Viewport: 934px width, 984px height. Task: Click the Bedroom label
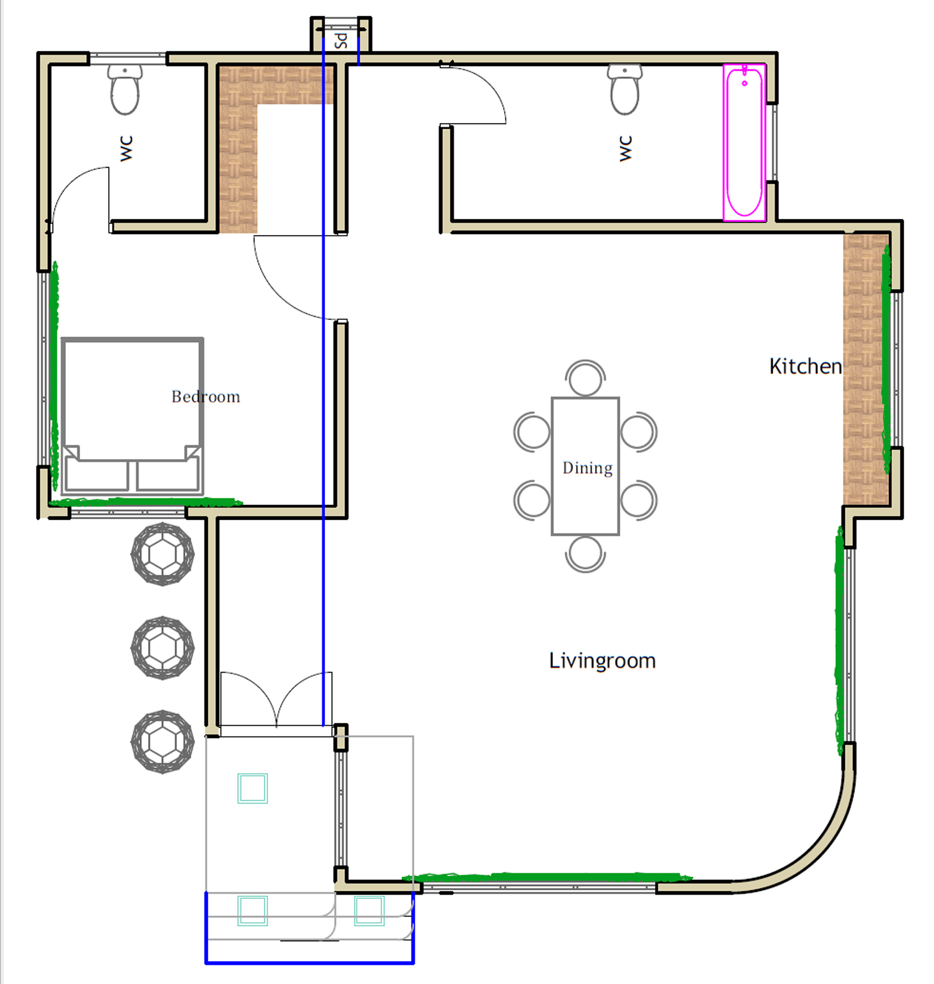pos(206,396)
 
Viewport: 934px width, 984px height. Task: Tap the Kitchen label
pos(806,366)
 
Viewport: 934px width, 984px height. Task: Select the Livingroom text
pos(602,661)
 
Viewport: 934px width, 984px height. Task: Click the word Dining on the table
pos(587,467)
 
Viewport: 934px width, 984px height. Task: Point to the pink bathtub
pos(744,142)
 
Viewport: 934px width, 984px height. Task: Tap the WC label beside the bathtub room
pos(625,149)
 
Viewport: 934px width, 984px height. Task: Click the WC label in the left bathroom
pos(126,149)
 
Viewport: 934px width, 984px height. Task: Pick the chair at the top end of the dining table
pos(585,377)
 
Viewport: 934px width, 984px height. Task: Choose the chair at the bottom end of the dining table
pos(585,554)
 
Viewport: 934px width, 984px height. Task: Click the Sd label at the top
pos(341,40)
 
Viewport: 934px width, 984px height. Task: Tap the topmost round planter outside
pos(163,554)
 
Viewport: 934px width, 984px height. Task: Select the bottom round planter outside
pos(163,741)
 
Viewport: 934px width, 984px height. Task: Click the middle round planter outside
pos(163,648)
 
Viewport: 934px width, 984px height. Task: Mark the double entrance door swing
pos(276,699)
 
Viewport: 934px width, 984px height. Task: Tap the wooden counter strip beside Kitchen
pos(866,369)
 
